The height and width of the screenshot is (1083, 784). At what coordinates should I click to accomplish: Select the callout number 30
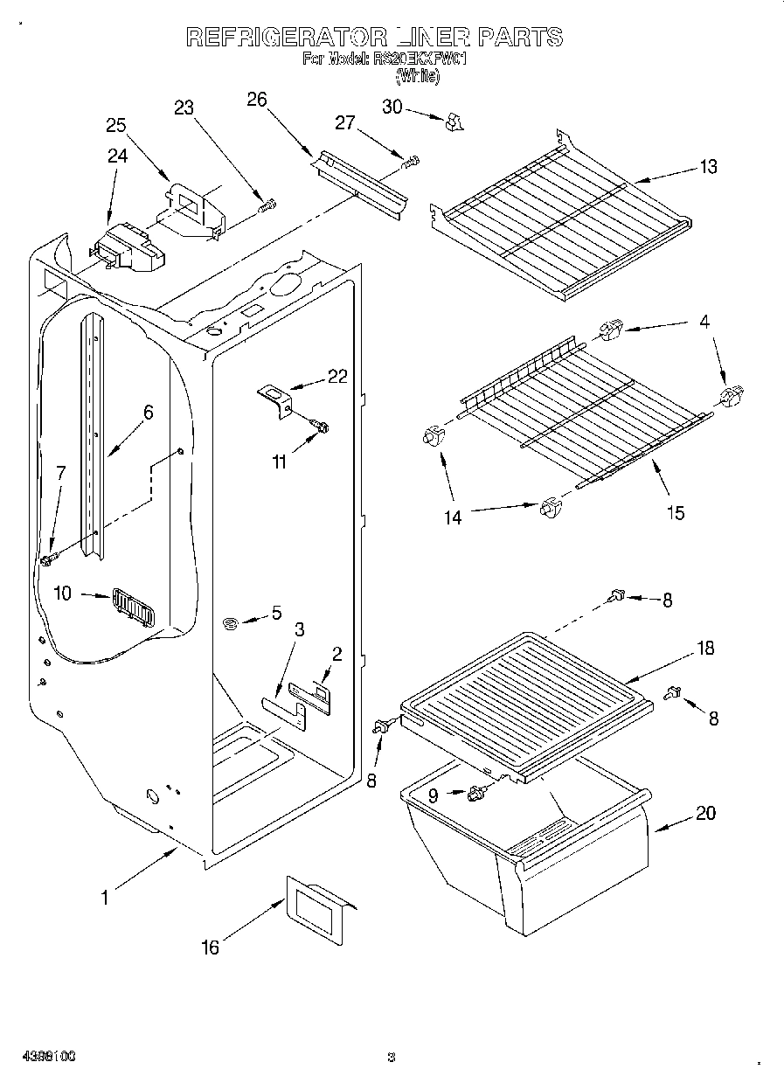392,106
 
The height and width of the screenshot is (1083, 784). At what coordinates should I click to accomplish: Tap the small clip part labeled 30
452,123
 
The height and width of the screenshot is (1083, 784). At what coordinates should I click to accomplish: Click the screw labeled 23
267,206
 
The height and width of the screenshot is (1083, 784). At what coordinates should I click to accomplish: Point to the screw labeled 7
47,556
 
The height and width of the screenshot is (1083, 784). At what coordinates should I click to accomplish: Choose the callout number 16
210,948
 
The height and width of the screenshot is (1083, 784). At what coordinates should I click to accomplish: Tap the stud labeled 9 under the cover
476,792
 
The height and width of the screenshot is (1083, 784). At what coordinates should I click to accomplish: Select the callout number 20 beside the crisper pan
705,814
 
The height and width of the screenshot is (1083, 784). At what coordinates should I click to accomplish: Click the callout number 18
704,649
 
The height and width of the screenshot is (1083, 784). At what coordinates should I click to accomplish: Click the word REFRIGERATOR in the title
286,37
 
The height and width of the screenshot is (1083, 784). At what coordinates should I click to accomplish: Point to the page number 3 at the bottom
392,1059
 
